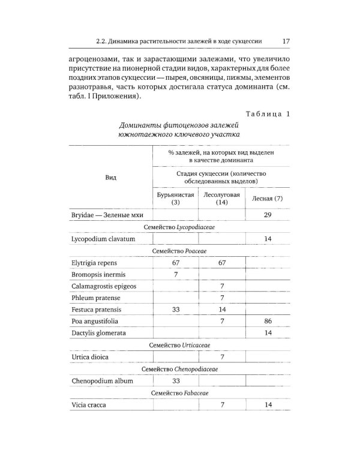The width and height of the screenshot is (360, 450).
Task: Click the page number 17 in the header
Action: coord(286,41)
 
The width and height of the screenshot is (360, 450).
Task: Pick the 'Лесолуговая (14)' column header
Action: coord(221,199)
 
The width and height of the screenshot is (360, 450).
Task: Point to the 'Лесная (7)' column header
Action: coord(268,199)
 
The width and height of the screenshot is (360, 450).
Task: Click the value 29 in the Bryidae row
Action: coord(268,215)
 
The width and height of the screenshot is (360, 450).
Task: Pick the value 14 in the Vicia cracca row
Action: coord(268,405)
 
